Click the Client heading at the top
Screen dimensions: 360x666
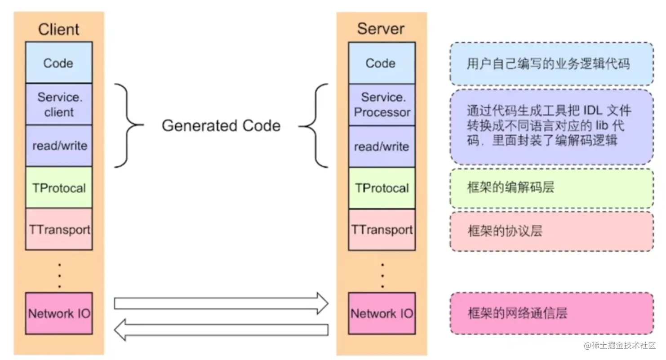(59, 29)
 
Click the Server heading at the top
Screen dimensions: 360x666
(381, 29)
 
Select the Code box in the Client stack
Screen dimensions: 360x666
(59, 62)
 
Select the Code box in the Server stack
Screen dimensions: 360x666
(381, 63)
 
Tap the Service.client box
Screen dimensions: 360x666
(59, 104)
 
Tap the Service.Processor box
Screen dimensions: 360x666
(382, 104)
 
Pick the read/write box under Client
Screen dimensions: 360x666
(59, 146)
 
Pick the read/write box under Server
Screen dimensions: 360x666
(382, 147)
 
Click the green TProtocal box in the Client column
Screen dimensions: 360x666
(59, 187)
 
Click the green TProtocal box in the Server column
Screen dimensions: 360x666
(382, 188)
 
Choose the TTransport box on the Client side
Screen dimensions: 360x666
(59, 229)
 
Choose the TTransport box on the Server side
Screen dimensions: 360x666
(382, 230)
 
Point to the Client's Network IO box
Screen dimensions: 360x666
(59, 313)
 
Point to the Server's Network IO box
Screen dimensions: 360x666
(382, 313)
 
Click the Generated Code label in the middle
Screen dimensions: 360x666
(221, 125)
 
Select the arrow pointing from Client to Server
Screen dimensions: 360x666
(221, 303)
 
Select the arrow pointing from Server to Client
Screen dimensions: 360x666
(221, 329)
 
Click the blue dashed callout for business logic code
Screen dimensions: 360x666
(551, 64)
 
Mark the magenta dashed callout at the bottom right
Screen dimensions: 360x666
(551, 313)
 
